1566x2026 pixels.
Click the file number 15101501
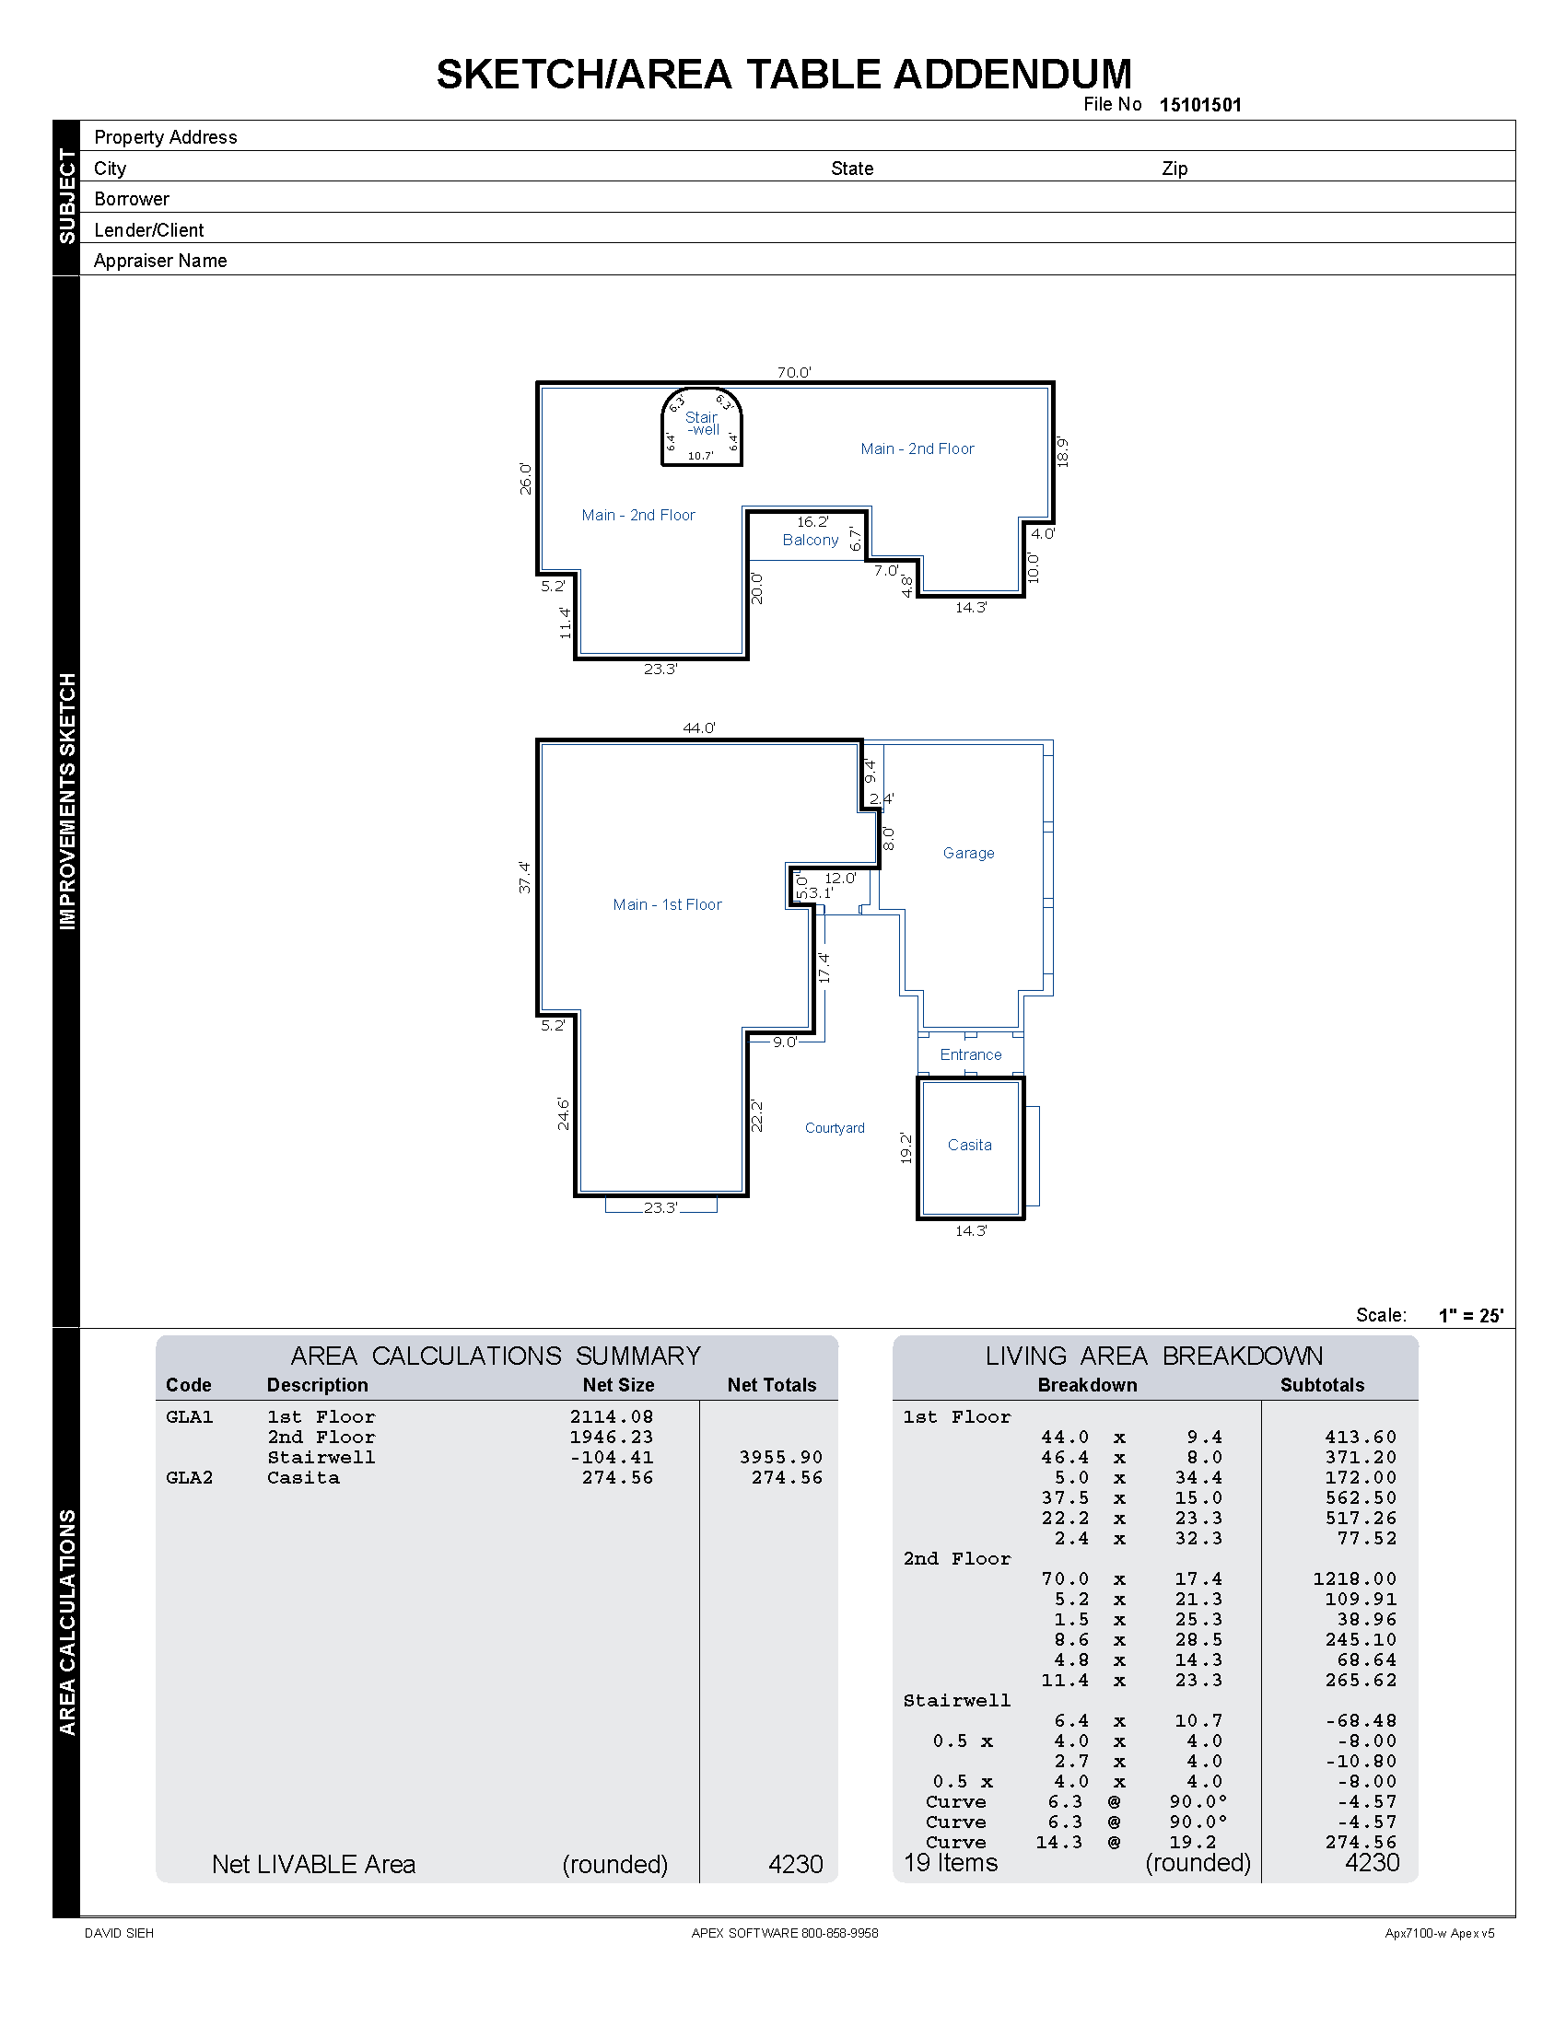click(x=1199, y=105)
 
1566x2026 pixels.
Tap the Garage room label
click(x=968, y=853)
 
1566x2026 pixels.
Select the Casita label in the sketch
click(x=969, y=1145)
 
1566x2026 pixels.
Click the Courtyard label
click(x=834, y=1128)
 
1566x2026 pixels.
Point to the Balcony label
click(x=810, y=540)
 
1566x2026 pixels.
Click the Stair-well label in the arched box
click(x=702, y=424)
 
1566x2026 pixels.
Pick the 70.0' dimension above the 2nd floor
click(x=794, y=372)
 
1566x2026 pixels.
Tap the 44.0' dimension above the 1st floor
click(x=698, y=728)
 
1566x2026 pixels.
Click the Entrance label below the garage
click(x=970, y=1054)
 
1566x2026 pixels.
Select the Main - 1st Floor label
click(x=667, y=904)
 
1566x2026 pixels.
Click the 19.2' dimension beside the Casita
click(x=906, y=1147)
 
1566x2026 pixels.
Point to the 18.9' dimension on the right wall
click(x=1063, y=452)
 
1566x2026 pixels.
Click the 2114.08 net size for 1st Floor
click(x=612, y=1416)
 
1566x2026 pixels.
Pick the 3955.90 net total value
click(x=781, y=1458)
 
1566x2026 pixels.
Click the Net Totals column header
click(x=771, y=1385)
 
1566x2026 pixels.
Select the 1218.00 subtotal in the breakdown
click(x=1354, y=1578)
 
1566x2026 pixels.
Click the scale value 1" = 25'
click(x=1470, y=1315)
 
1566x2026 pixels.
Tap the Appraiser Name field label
click(x=160, y=261)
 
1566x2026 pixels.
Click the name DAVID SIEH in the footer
click(x=119, y=1933)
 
